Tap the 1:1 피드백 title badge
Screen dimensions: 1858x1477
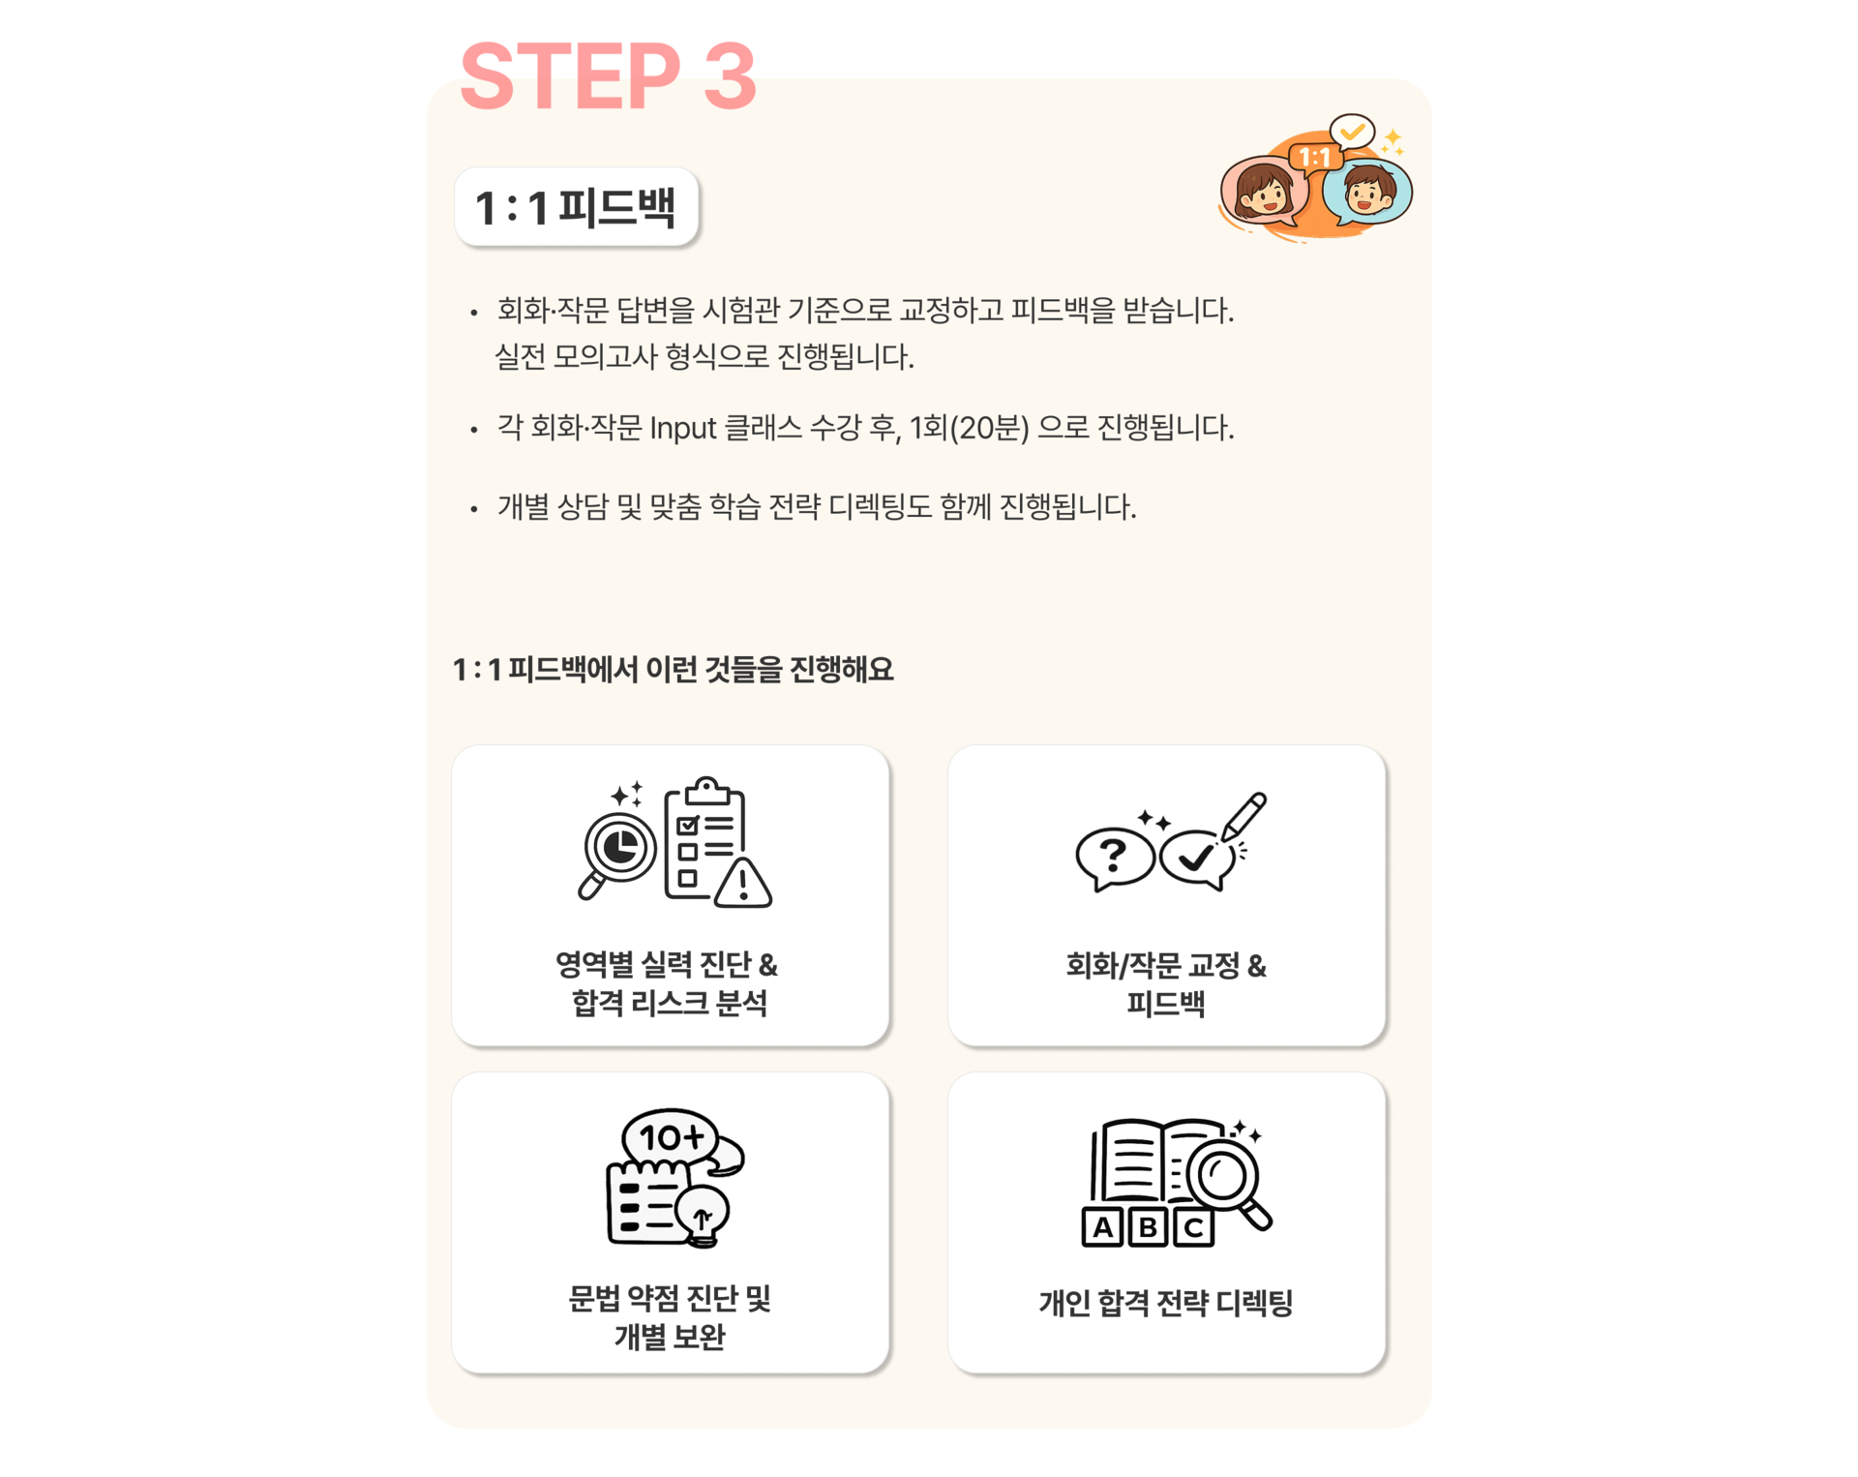[577, 206]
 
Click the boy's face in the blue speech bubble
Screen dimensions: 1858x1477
[1366, 190]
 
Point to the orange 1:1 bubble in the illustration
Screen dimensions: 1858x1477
[1314, 157]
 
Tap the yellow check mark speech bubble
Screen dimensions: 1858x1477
[1352, 131]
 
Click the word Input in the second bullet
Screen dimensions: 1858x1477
[682, 428]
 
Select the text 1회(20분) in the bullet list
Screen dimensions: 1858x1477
[969, 428]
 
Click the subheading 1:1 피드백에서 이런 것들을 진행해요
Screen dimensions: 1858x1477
[674, 669]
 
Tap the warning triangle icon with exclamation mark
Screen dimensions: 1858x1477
[743, 881]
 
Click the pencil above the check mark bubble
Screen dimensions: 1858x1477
[1244, 817]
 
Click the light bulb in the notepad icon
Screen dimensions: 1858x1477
[703, 1216]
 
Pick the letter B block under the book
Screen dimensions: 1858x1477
[1148, 1227]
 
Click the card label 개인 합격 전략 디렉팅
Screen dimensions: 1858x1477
[1166, 1303]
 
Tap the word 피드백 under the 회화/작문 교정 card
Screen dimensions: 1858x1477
[1166, 1003]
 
